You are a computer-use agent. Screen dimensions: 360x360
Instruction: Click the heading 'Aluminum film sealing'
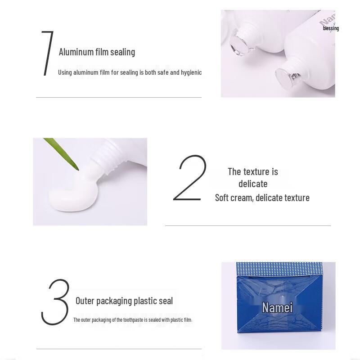click(x=97, y=52)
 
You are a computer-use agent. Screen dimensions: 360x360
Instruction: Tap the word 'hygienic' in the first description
click(x=191, y=72)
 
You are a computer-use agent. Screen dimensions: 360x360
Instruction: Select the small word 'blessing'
click(x=331, y=28)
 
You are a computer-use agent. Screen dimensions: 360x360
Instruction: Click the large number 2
click(x=190, y=178)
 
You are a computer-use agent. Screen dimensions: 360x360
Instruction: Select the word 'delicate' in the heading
click(x=253, y=184)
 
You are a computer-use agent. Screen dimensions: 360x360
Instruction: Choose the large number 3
click(x=55, y=302)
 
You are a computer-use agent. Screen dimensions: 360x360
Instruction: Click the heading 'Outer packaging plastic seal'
click(x=124, y=301)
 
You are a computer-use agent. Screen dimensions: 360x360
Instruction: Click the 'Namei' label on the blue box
click(x=277, y=307)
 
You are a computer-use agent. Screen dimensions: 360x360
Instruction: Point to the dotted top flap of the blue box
click(x=278, y=269)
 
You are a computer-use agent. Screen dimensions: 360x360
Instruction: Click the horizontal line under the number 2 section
click(x=247, y=225)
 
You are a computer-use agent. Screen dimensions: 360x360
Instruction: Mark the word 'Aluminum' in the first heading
click(x=76, y=52)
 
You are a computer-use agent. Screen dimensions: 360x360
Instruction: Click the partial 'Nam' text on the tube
click(x=327, y=21)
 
